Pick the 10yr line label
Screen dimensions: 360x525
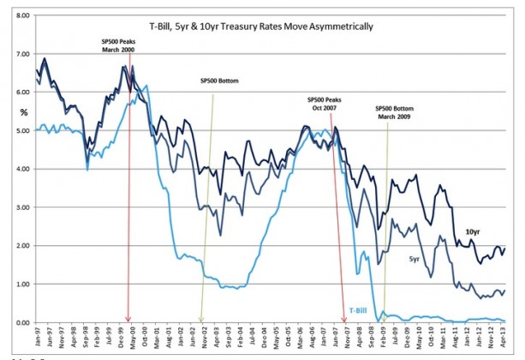pyautogui.click(x=473, y=232)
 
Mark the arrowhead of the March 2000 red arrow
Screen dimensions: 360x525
pyautogui.click(x=128, y=319)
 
